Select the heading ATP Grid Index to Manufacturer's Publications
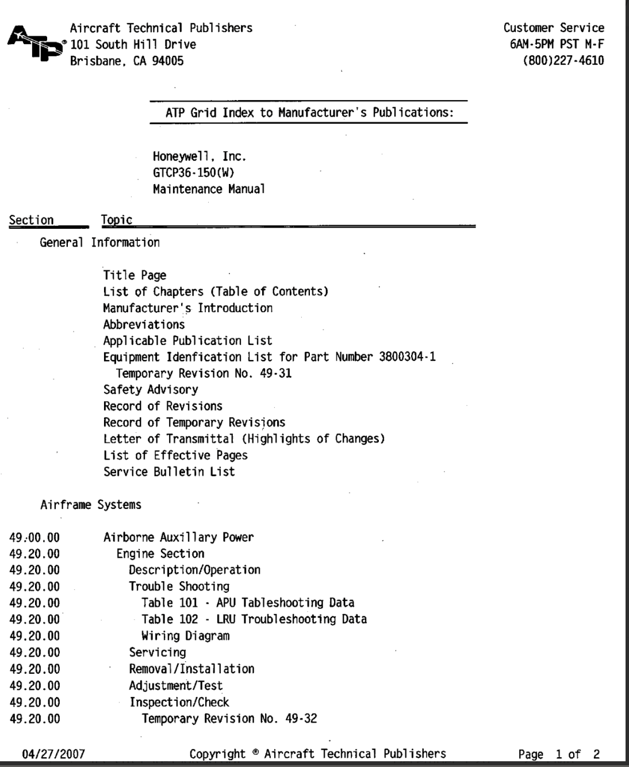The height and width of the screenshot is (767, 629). tap(309, 113)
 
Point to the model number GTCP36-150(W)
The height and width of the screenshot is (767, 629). tap(193, 172)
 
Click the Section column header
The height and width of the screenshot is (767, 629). tap(32, 220)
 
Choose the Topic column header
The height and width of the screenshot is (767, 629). tap(116, 220)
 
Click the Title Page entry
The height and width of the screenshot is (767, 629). tap(135, 275)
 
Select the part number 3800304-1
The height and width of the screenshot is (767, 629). tap(407, 357)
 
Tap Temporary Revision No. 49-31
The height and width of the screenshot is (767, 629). tap(204, 374)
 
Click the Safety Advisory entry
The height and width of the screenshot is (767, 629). tap(151, 390)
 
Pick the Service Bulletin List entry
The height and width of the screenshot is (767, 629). tap(169, 472)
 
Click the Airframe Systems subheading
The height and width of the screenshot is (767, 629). tap(91, 505)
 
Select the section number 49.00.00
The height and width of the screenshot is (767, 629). tap(34, 538)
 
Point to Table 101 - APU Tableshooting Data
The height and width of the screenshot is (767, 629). tap(248, 603)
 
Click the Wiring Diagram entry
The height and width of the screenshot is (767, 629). tap(185, 636)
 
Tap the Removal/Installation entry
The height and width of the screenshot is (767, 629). tap(191, 669)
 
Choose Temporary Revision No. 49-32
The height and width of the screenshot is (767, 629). tap(229, 719)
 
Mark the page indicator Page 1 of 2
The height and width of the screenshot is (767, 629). tap(559, 754)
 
